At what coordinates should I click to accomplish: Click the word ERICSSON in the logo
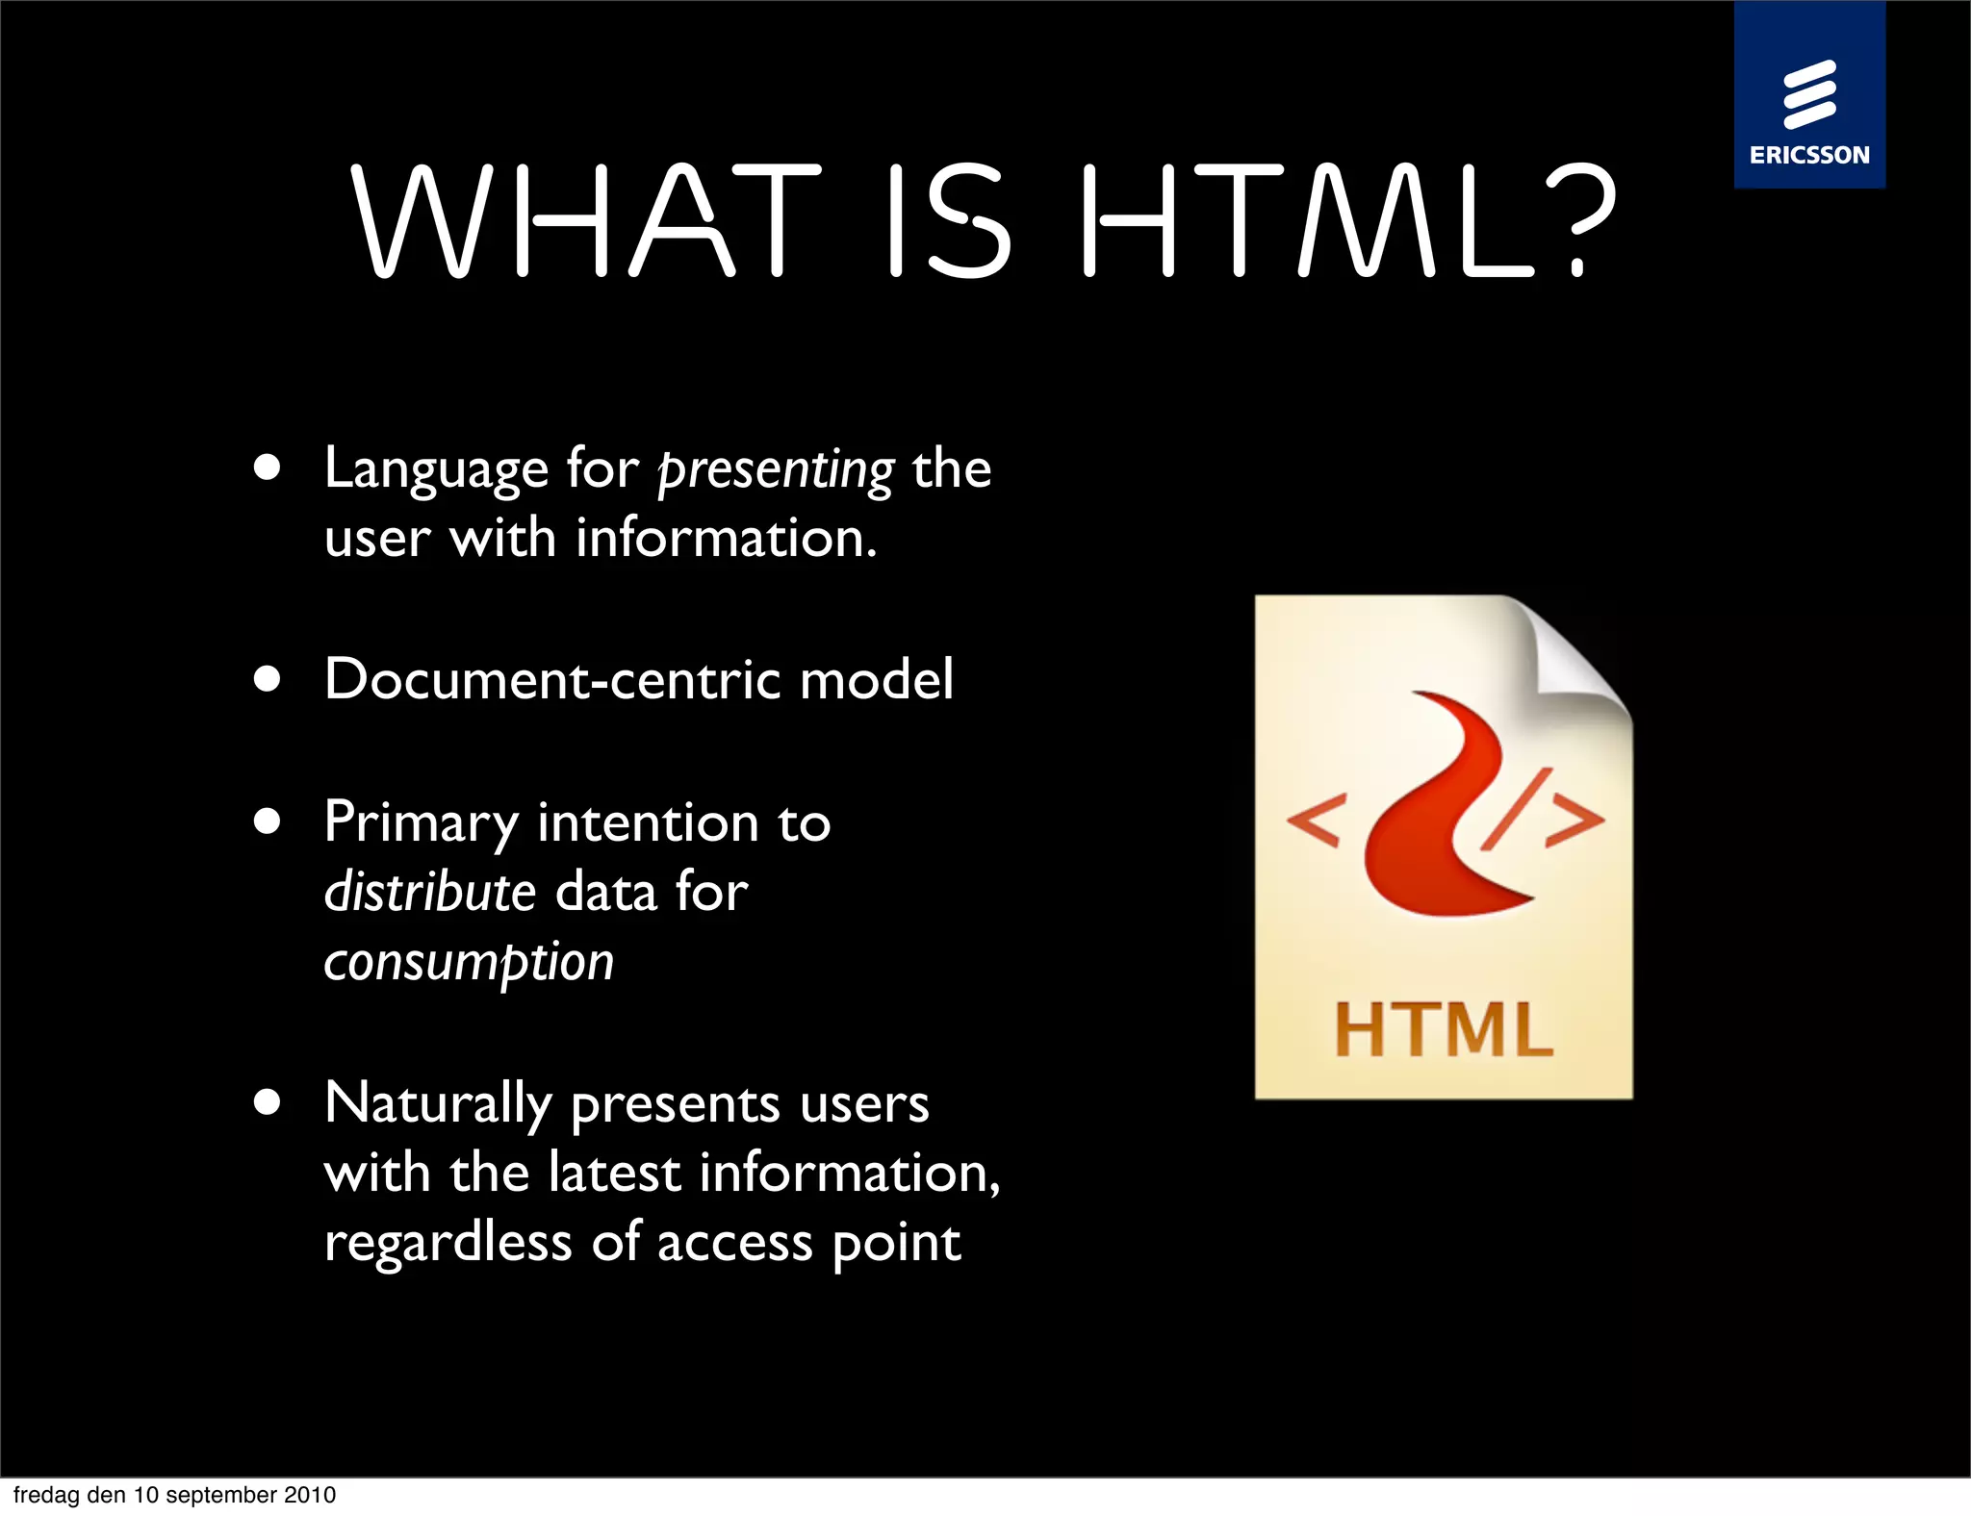(1809, 155)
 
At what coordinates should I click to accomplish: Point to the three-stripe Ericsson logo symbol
(1809, 94)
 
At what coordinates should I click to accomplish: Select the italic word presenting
(776, 470)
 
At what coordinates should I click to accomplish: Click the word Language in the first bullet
(436, 470)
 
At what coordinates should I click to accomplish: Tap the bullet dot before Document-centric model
(268, 679)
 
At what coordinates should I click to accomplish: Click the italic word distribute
(429, 892)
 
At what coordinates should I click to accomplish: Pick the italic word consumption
(469, 962)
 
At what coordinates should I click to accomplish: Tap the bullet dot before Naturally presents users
(268, 1101)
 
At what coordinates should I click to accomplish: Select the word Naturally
(438, 1103)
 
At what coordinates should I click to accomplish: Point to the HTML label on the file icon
(1443, 1030)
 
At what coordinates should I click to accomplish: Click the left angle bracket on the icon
(1314, 822)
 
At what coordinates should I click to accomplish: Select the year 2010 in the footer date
(310, 1495)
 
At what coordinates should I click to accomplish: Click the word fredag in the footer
(46, 1495)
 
